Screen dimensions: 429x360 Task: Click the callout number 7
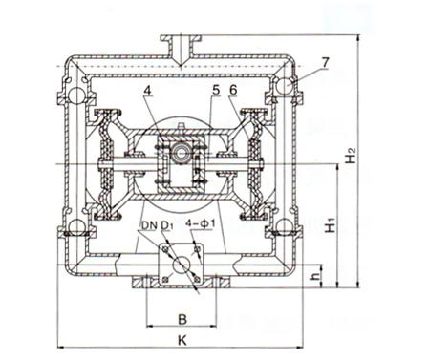pos(325,63)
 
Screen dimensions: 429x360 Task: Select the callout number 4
pos(147,91)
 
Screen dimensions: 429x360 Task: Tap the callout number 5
pos(216,91)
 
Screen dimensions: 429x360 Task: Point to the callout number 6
pos(233,91)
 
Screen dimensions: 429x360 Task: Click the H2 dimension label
pos(351,156)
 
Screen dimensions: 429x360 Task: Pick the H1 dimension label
pos(331,224)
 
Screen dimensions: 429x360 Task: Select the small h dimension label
pos(315,276)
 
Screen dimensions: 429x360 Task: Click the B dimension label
pos(182,319)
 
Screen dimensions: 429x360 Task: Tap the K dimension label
pos(182,340)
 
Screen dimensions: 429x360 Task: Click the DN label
pos(150,225)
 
